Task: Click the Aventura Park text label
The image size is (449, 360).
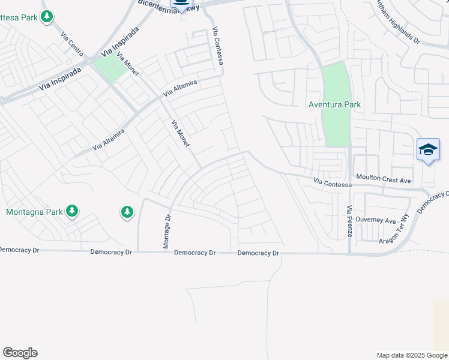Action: click(334, 104)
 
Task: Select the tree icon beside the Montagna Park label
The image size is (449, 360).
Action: click(72, 211)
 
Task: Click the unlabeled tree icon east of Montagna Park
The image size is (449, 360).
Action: click(127, 212)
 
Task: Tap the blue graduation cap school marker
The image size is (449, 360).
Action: click(428, 149)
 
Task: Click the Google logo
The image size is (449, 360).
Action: click(20, 353)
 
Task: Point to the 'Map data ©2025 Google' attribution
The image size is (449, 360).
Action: click(412, 355)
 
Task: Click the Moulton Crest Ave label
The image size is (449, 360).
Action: click(384, 179)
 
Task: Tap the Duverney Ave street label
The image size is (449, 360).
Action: click(376, 220)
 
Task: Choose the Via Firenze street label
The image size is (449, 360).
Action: click(349, 221)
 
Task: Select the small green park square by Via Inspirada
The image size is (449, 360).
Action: click(110, 68)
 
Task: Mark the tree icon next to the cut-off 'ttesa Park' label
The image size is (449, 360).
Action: click(46, 17)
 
